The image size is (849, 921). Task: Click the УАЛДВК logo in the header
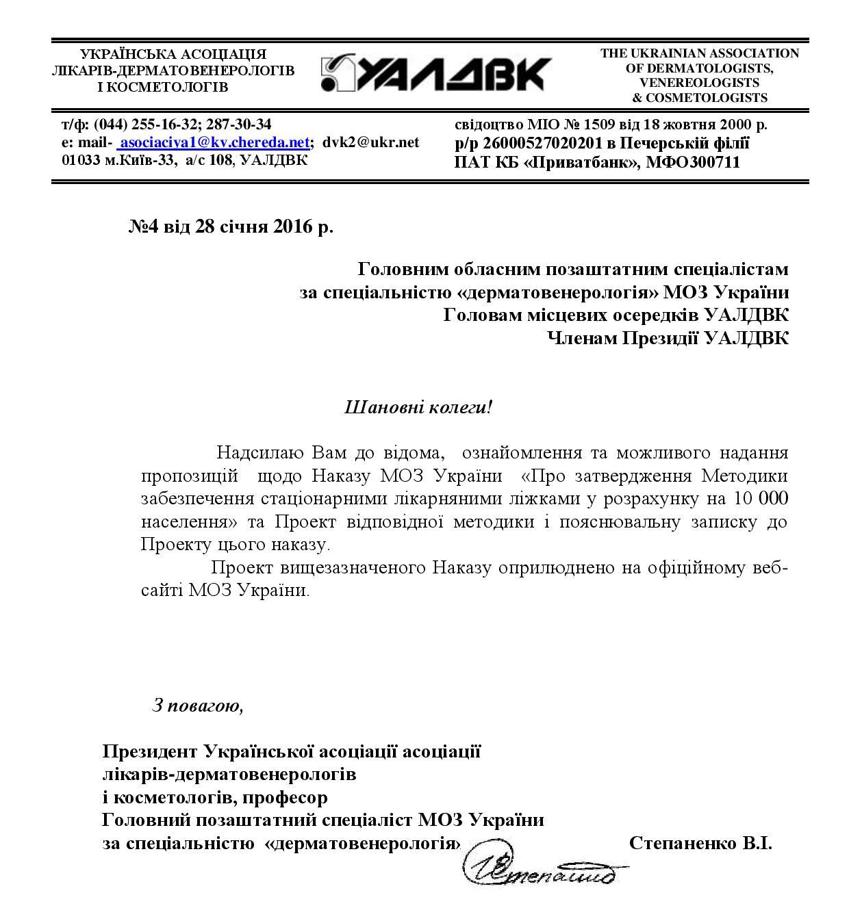click(435, 73)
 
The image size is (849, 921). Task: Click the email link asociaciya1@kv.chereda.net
click(214, 142)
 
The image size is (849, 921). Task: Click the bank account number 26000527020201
click(541, 144)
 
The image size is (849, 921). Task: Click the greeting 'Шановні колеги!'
click(418, 408)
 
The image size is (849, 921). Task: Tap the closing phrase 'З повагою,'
click(198, 705)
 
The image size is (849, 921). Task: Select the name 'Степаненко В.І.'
click(700, 842)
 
